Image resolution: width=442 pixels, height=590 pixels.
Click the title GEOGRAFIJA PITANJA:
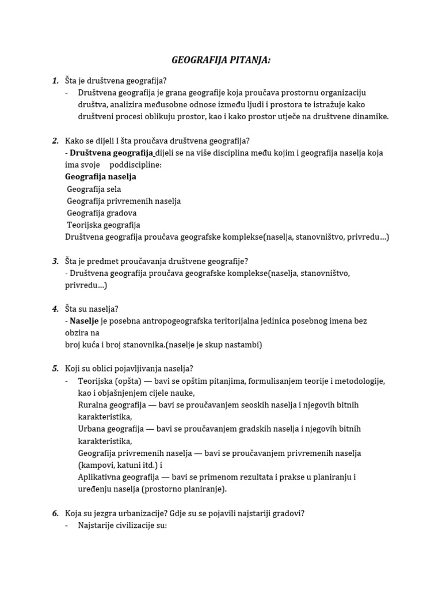[221, 59]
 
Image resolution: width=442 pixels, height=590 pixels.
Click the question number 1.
[55, 81]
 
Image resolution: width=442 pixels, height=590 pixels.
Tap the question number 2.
[55, 141]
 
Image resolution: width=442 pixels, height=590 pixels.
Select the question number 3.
[55, 261]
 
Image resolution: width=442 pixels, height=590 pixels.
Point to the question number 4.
[55, 309]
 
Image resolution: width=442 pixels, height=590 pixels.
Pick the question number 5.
[55, 369]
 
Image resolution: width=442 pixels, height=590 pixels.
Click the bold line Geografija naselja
[101, 177]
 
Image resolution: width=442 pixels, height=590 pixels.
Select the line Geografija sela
[94, 189]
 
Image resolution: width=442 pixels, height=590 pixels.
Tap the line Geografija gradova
[102, 213]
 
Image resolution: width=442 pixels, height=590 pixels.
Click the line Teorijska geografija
[104, 225]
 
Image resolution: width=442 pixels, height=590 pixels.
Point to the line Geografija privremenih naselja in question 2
[124, 201]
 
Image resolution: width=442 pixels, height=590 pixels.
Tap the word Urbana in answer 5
[90, 429]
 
